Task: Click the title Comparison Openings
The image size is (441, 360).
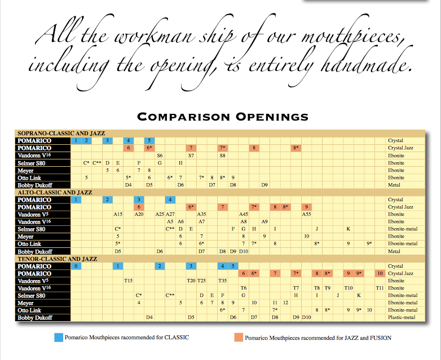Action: pyautogui.click(x=223, y=117)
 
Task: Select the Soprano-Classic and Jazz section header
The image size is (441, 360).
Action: pyautogui.click(x=61, y=133)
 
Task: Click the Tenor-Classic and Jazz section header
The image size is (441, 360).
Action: pyautogui.click(x=58, y=259)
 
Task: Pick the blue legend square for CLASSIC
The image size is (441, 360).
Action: pyautogui.click(x=59, y=337)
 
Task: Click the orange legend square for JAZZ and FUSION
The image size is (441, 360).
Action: pyautogui.click(x=239, y=337)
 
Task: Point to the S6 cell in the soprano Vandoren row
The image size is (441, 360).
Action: pyautogui.click(x=160, y=155)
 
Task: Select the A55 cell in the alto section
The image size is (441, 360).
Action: pyautogui.click(x=307, y=214)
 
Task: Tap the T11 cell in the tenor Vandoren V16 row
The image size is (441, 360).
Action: pyautogui.click(x=380, y=288)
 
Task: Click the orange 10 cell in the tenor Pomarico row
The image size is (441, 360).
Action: pyautogui.click(x=380, y=273)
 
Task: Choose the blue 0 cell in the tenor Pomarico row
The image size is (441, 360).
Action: pyautogui.click(x=76, y=266)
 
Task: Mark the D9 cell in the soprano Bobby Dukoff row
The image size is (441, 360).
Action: pyautogui.click(x=264, y=185)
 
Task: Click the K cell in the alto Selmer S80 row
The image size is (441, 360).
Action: pyautogui.click(x=348, y=229)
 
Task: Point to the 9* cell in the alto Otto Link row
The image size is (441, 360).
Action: pyautogui.click(x=369, y=243)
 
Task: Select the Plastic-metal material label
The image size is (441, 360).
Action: pyautogui.click(x=402, y=317)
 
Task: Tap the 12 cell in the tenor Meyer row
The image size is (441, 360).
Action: pyautogui.click(x=285, y=303)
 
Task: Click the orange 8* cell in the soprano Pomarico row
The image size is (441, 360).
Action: pyautogui.click(x=296, y=148)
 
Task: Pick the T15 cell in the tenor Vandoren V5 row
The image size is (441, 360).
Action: pyautogui.click(x=128, y=281)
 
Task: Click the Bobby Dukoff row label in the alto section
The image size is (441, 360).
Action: pyautogui.click(x=35, y=251)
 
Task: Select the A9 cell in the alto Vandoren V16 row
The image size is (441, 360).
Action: pyautogui.click(x=264, y=221)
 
